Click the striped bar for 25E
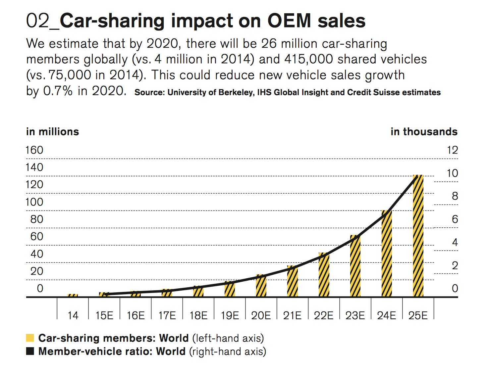coord(418,236)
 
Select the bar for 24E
coord(387,254)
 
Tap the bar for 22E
coord(324,275)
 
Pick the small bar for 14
coord(73,295)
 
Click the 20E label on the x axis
coord(261,315)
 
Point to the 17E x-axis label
coord(167,315)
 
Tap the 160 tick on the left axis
coord(34,150)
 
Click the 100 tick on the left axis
coord(34,202)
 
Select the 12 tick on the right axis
coord(452,150)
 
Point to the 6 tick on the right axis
coord(455,219)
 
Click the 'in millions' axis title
coord(52,132)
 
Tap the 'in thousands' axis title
coord(424,132)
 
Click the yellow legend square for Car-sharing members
coord(30,338)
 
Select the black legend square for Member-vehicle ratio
coord(30,351)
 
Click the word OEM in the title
coord(289,21)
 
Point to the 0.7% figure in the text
coord(58,91)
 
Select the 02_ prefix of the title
coord(42,21)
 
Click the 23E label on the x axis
coord(355,315)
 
